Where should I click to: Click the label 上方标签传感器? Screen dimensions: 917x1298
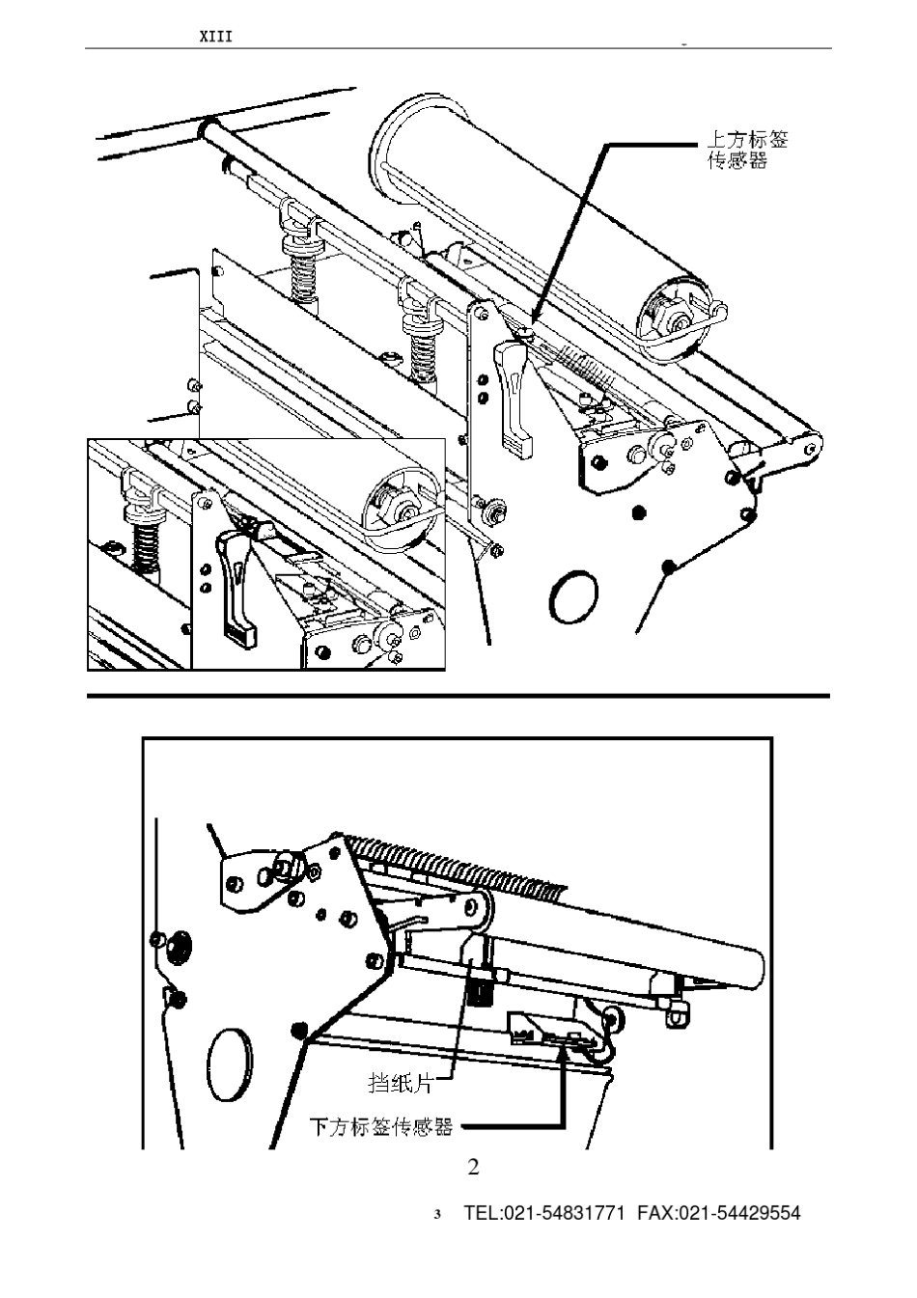pos(746,150)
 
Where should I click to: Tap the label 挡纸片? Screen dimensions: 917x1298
pos(400,1082)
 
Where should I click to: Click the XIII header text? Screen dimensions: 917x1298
pos(215,37)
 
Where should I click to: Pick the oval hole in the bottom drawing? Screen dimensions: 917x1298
pos(230,1064)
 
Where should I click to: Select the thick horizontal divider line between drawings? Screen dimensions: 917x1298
pos(458,696)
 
